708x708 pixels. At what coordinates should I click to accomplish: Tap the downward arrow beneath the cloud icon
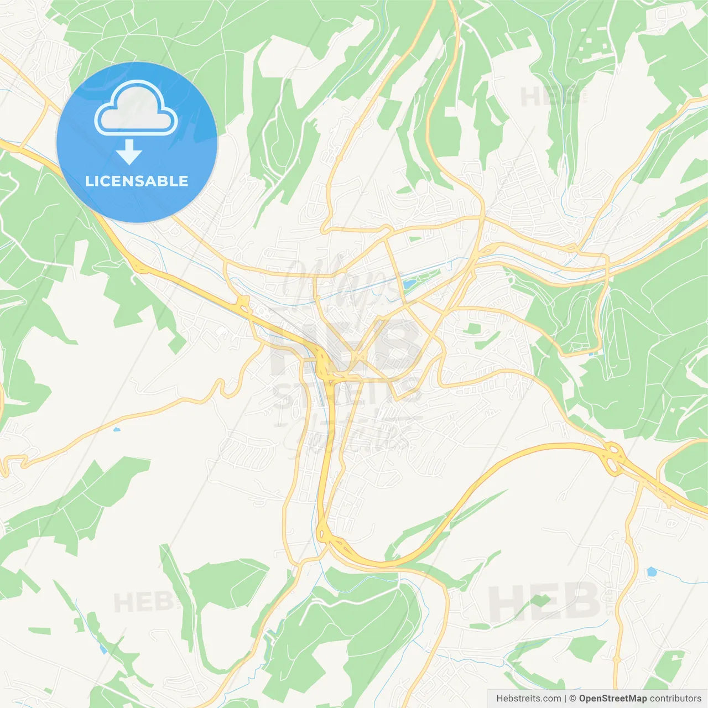tap(129, 152)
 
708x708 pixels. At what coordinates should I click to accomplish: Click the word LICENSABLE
tap(137, 181)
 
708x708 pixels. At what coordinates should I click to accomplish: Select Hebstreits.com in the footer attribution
tap(528, 699)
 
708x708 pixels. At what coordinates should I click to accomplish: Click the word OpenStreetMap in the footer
tap(612, 699)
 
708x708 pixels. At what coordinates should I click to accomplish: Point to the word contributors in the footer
tap(675, 699)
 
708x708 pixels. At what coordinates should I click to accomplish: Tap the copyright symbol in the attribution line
tap(572, 699)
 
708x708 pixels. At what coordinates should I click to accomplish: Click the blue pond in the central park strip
tap(408, 284)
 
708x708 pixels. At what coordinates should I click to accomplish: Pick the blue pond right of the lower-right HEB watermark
tap(652, 571)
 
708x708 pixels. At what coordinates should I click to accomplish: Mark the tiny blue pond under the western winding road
tap(116, 429)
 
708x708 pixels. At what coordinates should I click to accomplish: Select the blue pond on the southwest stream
tap(103, 649)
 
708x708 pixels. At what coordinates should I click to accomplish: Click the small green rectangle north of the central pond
tap(415, 239)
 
